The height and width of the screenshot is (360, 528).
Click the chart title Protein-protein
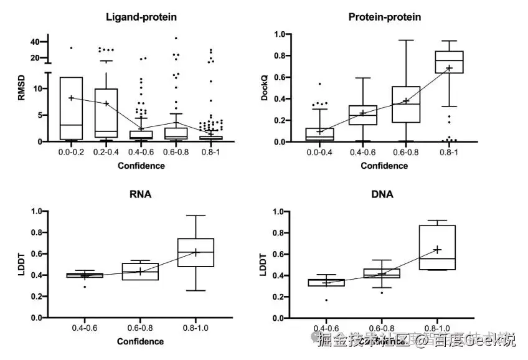pos(384,17)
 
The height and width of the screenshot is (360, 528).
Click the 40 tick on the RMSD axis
pos(35,42)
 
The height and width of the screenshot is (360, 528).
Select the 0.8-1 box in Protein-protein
pos(448,62)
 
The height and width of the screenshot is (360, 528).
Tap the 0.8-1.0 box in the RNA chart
pos(196,252)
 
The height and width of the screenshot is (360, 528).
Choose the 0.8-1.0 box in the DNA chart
pos(437,247)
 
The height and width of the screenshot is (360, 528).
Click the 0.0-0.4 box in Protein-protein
pos(320,134)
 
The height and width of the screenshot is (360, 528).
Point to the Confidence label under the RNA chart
pos(141,341)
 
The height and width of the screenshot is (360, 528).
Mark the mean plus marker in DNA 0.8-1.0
pos(437,250)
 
